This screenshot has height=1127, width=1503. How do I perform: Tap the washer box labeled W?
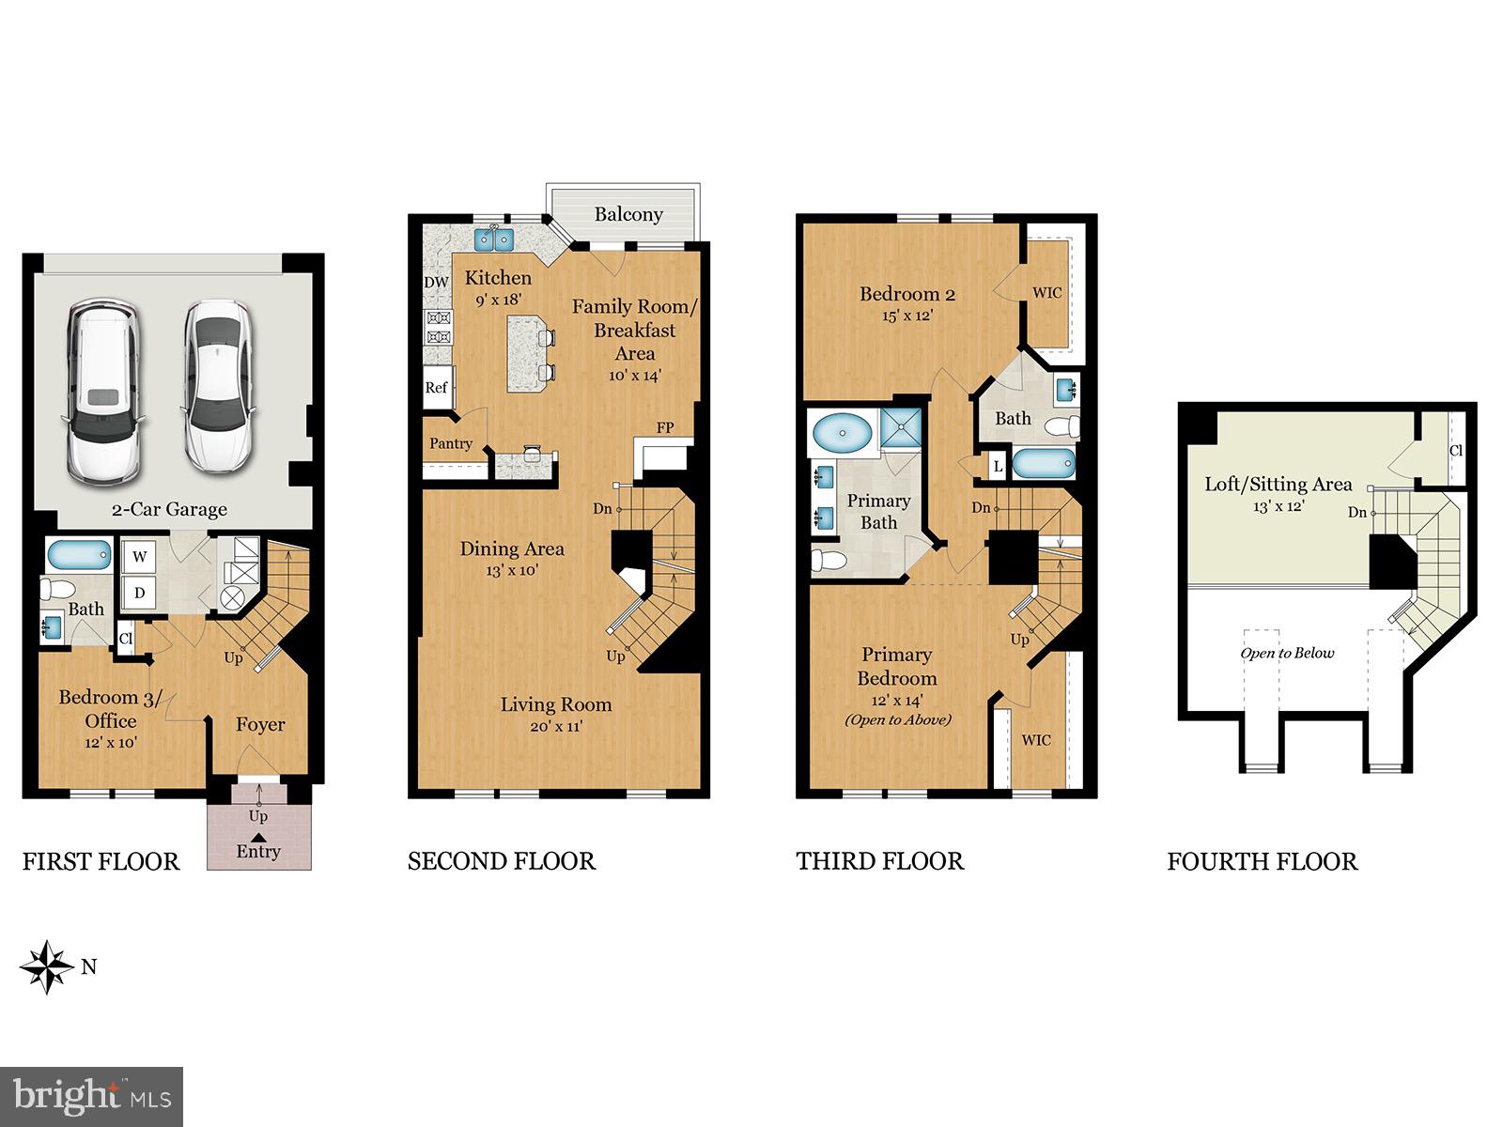(x=140, y=557)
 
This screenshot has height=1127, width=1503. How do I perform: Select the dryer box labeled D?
(x=140, y=593)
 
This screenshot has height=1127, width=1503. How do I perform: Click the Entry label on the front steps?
(x=258, y=851)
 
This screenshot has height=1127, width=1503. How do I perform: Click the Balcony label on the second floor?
(x=628, y=214)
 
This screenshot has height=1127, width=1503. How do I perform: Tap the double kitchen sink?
(x=494, y=239)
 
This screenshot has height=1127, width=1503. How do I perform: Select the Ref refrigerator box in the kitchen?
(x=436, y=387)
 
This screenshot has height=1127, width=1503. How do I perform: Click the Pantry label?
(x=451, y=444)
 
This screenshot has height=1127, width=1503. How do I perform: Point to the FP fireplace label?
(x=665, y=428)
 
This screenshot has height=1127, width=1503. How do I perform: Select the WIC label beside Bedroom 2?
(x=1047, y=293)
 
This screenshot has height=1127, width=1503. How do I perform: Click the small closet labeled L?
(x=997, y=466)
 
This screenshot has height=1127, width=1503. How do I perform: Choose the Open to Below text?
(x=1287, y=654)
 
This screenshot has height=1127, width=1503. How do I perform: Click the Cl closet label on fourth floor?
(x=1455, y=451)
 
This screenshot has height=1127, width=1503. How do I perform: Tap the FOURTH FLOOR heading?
(x=1262, y=861)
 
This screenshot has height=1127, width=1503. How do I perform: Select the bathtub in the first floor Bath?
(x=80, y=555)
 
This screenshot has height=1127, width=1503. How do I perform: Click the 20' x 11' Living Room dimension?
(x=555, y=726)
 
